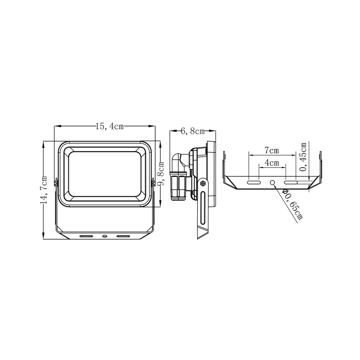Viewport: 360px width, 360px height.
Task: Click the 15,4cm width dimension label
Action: tap(110, 126)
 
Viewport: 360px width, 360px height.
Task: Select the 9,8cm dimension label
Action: tap(161, 173)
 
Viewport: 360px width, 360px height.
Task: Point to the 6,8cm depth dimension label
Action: tap(193, 131)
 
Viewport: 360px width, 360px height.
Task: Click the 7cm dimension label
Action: tap(272, 150)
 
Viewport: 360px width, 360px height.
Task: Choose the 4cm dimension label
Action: tap(272, 163)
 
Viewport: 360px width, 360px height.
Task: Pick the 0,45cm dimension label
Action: tap(303, 157)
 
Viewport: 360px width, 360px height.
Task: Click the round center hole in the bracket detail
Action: tap(272, 182)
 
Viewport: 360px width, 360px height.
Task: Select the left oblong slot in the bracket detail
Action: tap(254, 182)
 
